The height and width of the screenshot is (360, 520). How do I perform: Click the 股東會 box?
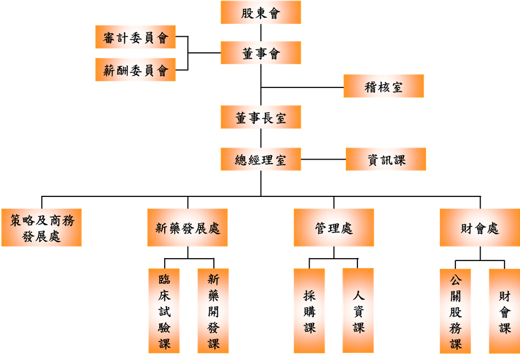(261, 12)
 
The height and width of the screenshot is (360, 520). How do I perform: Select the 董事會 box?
(261, 53)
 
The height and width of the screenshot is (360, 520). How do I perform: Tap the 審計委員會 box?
(135, 37)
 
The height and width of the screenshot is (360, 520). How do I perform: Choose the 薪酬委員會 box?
(135, 70)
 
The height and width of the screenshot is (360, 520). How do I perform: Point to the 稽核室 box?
(384, 86)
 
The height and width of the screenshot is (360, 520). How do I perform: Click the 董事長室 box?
(261, 117)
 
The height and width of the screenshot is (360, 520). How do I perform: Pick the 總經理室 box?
(261, 159)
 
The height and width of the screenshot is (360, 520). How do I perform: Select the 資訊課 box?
(386, 159)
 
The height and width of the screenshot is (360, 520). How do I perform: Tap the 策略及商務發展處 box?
(42, 228)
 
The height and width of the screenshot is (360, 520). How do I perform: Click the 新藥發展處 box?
(188, 228)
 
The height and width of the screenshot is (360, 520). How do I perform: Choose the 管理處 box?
(333, 228)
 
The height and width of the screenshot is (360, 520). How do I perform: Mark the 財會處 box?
(480, 228)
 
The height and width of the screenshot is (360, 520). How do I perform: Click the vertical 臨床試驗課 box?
(164, 310)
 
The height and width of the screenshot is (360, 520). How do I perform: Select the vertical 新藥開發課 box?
(213, 310)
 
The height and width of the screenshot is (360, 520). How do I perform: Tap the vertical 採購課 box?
(310, 310)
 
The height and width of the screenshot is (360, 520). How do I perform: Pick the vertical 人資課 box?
(358, 310)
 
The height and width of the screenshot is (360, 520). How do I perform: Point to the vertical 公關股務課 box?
(455, 310)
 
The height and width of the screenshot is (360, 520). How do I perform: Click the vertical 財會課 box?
(504, 310)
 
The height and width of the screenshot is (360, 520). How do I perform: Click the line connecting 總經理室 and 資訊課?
(323, 159)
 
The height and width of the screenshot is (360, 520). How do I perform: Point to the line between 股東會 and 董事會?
(261, 32)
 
